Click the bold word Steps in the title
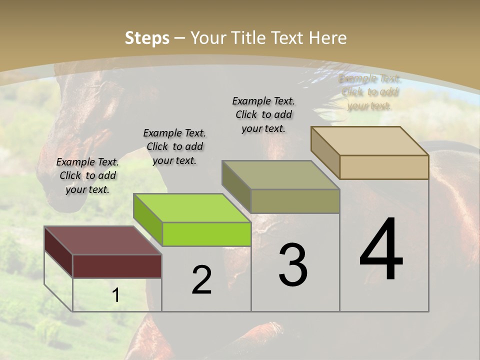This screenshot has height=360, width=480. coord(147,38)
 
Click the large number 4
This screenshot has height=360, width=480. coord(381,250)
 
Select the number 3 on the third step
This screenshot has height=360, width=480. coord(293,265)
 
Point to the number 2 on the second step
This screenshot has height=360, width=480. coord(202,280)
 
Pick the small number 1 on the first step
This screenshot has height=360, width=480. coord(116,295)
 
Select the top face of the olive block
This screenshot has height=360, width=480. coord(280,175)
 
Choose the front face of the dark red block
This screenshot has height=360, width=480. coord(117,266)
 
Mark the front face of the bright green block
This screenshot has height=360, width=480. coord(206,234)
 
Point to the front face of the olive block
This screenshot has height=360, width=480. coord(295,201)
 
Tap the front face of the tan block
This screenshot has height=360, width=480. coord(384,167)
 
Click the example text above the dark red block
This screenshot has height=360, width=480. coord(87,175)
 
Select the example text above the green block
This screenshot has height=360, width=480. coord(174,146)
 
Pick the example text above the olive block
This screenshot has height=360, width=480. coord(263,114)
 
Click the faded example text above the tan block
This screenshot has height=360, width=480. coord(369,92)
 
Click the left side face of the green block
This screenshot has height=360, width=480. coord(148,219)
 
